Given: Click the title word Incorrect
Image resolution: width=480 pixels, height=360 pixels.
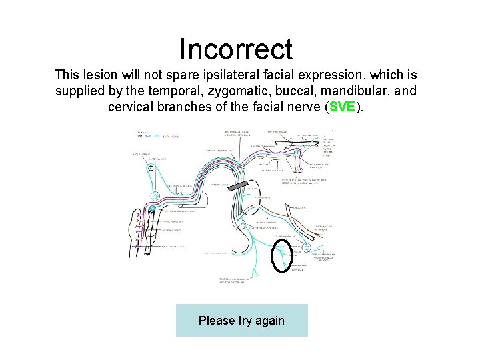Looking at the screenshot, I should [236, 49].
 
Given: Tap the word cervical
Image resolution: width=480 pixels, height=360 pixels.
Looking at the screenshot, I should [133, 107].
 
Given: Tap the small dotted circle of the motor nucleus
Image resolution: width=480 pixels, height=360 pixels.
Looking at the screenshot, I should [151, 168].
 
